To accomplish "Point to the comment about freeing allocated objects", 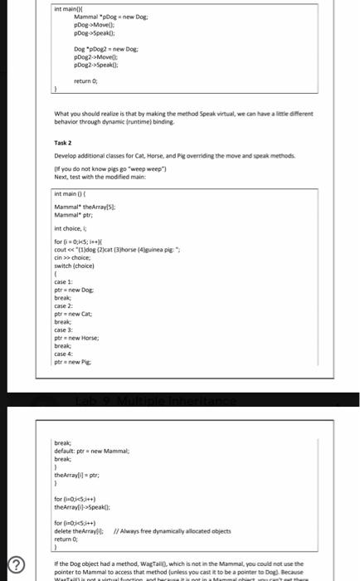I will point(173,529).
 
